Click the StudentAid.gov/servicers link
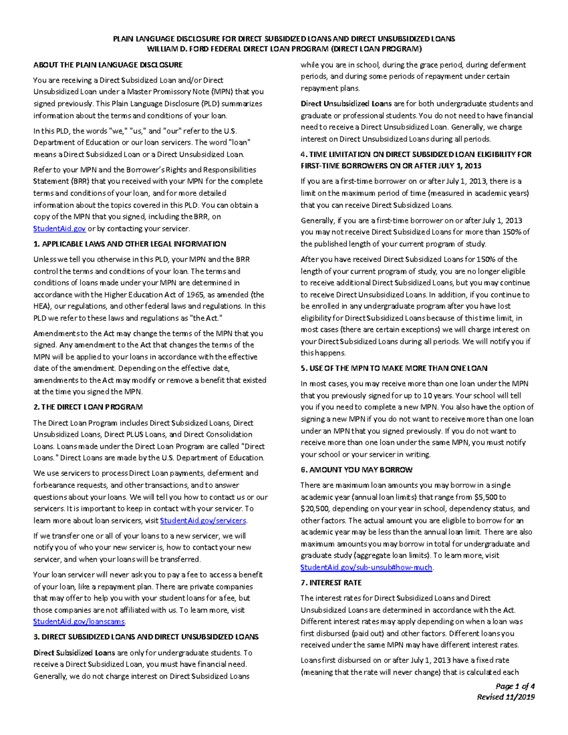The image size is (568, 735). [x=203, y=521]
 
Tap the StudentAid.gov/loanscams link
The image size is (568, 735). [x=79, y=621]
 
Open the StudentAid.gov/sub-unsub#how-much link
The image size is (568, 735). [x=366, y=567]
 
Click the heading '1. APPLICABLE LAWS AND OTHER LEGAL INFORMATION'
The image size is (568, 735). [x=130, y=244]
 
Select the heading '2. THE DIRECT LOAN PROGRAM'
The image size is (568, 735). [x=88, y=407]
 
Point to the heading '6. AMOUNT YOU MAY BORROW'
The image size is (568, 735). [x=356, y=470]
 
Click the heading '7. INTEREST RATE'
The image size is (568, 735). [x=331, y=583]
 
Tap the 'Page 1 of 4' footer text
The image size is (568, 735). [x=515, y=686]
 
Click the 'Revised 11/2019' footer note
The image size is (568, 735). [x=506, y=697]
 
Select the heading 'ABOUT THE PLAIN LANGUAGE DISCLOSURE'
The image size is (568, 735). [x=108, y=65]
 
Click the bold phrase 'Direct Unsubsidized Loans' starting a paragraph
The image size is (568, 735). [x=346, y=104]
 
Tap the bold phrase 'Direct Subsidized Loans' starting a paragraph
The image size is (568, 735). [x=74, y=653]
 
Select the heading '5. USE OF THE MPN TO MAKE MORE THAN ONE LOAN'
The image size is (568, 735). [x=394, y=368]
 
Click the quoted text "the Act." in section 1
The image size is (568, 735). [x=205, y=318]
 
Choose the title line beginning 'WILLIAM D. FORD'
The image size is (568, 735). [x=284, y=49]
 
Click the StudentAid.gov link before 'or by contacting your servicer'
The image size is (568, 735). [x=59, y=229]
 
